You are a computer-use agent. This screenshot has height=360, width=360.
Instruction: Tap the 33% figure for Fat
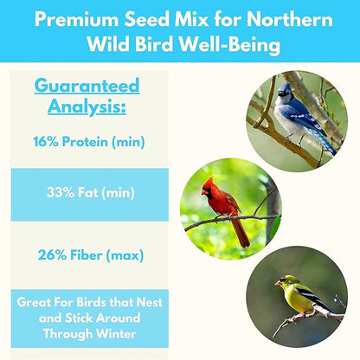tap(63, 194)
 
